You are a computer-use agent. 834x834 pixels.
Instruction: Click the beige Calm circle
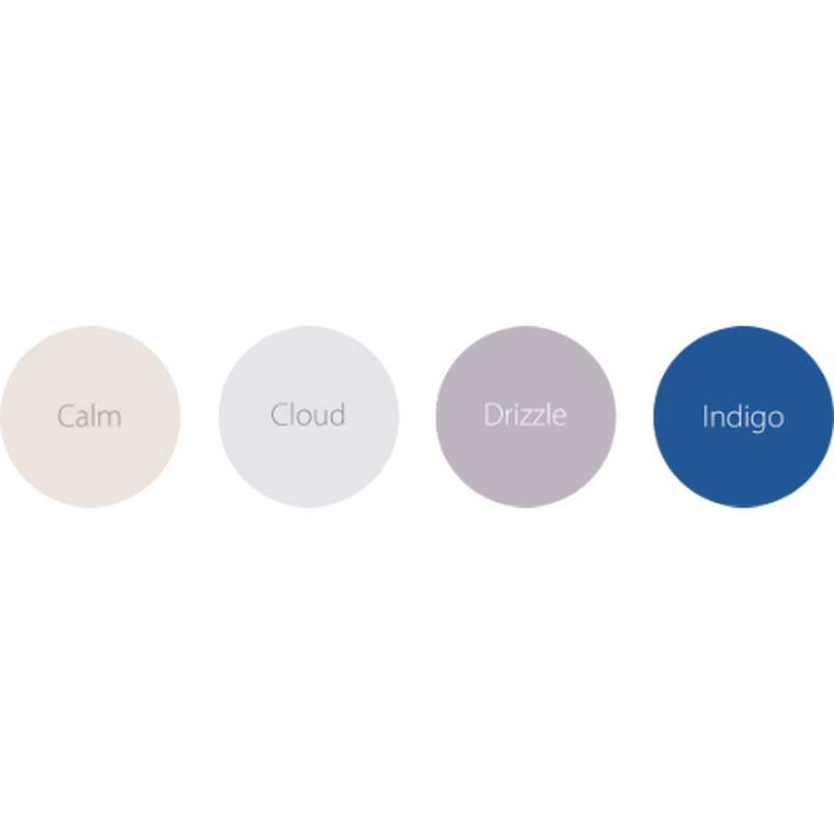[90, 416]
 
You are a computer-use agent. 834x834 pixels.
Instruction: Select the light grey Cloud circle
[308, 416]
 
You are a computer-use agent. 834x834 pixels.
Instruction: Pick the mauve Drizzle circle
[526, 416]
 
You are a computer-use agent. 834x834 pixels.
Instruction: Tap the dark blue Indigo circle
[743, 416]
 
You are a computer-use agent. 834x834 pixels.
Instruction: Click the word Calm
[90, 416]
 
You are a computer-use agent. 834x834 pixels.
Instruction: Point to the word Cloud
[308, 414]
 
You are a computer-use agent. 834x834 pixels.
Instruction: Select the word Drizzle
[525, 414]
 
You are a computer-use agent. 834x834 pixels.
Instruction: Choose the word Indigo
[743, 418]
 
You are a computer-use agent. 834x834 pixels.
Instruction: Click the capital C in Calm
[65, 416]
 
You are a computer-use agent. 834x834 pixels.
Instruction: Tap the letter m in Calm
[111, 420]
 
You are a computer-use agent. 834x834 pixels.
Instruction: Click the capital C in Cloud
[278, 415]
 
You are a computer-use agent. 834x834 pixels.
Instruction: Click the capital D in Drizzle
[493, 415]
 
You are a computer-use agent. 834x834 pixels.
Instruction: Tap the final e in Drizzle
[559, 418]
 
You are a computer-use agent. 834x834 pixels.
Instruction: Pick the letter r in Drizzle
[509, 418]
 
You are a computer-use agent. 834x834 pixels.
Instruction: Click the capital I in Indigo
[704, 416]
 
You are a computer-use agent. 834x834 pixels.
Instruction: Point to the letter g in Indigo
[759, 422]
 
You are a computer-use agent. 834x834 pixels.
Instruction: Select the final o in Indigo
[777, 419]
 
